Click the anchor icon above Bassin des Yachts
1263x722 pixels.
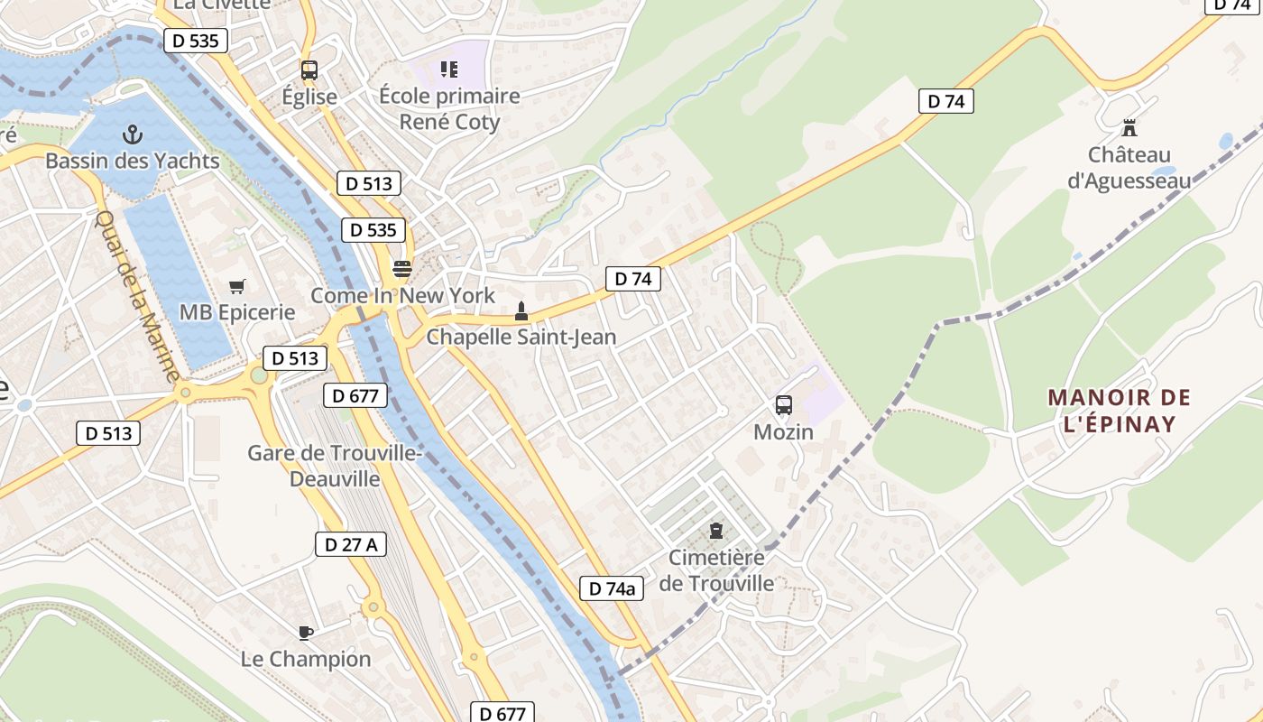pyautogui.click(x=133, y=135)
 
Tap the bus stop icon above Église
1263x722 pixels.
pyautogui.click(x=309, y=70)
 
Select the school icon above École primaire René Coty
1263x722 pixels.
pyautogui.click(x=448, y=69)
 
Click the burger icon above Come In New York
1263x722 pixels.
pyautogui.click(x=402, y=269)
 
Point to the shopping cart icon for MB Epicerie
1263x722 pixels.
pyautogui.click(x=237, y=287)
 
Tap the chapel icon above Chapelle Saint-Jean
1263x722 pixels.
pyautogui.click(x=521, y=311)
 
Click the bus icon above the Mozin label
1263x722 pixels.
pyautogui.click(x=783, y=405)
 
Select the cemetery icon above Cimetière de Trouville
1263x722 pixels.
pyautogui.click(x=716, y=531)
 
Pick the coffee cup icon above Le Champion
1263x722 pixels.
pyautogui.click(x=305, y=633)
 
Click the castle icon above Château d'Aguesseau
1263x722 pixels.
pyautogui.click(x=1129, y=128)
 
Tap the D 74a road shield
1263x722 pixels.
pyautogui.click(x=611, y=588)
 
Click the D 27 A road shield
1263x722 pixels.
pyautogui.click(x=351, y=543)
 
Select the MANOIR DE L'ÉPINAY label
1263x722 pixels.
pyautogui.click(x=1119, y=411)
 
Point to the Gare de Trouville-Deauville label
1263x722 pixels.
pyautogui.click(x=335, y=466)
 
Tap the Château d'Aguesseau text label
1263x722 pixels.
pyautogui.click(x=1129, y=168)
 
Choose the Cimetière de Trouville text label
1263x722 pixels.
pyautogui.click(x=716, y=570)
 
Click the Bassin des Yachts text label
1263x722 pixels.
pyautogui.click(x=133, y=162)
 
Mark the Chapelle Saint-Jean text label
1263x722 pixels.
pyautogui.click(x=521, y=338)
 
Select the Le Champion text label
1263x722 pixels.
pyautogui.click(x=305, y=659)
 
